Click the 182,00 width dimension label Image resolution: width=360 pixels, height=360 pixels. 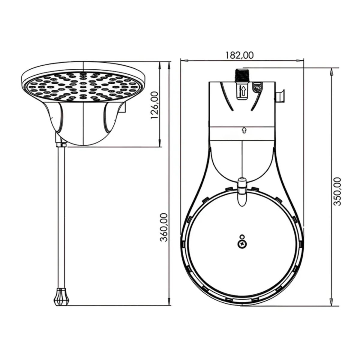point(240,55)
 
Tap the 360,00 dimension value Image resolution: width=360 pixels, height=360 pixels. point(164,227)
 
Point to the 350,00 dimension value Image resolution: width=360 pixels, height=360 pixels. point(337,191)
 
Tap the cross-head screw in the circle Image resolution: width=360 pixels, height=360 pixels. point(242,244)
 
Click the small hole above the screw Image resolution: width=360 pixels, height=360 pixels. point(242,237)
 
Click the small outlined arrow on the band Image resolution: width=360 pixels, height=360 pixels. point(244,130)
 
